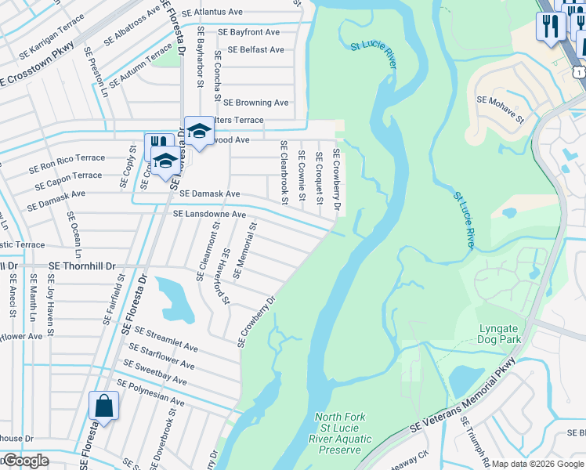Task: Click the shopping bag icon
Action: (x=103, y=406)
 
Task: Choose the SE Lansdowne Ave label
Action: (x=209, y=214)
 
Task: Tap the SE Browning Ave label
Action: (x=255, y=103)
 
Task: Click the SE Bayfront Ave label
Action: (x=248, y=32)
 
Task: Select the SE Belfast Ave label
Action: (x=255, y=49)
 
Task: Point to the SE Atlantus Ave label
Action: (x=212, y=13)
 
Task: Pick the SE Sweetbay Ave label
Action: (x=155, y=373)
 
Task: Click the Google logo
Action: (x=25, y=461)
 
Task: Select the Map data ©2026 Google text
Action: (x=537, y=464)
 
